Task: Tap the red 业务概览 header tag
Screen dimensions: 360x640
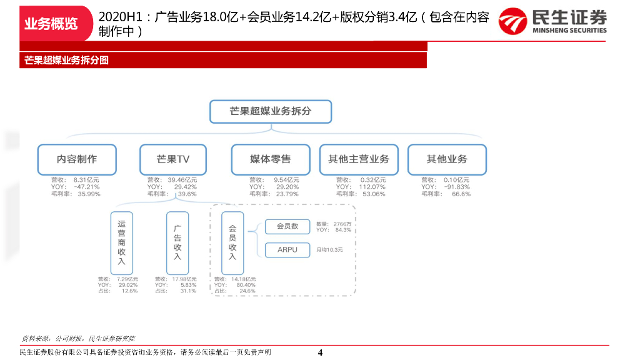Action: click(x=51, y=24)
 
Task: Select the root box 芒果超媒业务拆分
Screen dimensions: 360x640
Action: click(x=271, y=111)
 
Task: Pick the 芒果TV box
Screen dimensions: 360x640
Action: click(x=172, y=159)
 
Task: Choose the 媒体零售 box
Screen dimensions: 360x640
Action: click(x=271, y=159)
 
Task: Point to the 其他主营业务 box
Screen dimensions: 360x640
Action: click(x=359, y=159)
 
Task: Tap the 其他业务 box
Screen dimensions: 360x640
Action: click(x=447, y=159)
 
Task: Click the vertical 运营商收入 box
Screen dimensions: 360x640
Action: click(x=122, y=243)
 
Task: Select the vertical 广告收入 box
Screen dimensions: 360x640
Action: click(x=177, y=243)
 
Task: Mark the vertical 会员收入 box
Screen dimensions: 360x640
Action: click(x=232, y=243)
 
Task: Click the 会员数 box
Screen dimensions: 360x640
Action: click(x=287, y=227)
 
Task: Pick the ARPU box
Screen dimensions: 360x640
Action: click(x=287, y=250)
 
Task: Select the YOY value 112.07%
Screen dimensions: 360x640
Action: click(x=372, y=187)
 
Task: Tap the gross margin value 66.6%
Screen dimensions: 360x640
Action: click(x=461, y=194)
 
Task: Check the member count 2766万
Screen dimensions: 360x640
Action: click(x=342, y=224)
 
